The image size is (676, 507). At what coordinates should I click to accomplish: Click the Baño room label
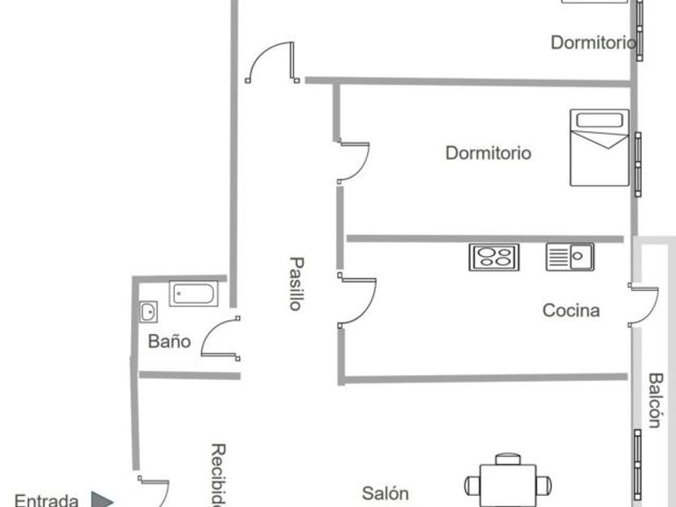coord(169,341)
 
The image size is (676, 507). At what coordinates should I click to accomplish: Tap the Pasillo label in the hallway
coord(297,283)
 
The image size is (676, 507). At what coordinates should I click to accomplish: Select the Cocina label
coord(571,310)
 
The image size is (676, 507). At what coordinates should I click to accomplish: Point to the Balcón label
coord(656,400)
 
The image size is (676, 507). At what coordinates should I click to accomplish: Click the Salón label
coord(385,493)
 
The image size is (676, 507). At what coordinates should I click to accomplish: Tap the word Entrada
coord(47,501)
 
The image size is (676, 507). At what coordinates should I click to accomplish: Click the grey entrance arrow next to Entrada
coord(101,500)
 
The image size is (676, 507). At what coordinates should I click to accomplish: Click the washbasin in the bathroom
coord(148,311)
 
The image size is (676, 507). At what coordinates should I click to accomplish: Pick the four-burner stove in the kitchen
coord(494,257)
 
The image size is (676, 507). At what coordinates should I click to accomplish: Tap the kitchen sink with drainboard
coord(570,257)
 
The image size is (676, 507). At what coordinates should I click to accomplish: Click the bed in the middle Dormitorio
coord(599,147)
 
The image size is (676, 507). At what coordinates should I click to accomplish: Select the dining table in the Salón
coord(509,484)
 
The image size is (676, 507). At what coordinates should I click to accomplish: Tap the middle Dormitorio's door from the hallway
coord(354,162)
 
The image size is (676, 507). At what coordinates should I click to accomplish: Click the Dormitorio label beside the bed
coord(488,152)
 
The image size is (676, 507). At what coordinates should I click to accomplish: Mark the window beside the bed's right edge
coord(638,163)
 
